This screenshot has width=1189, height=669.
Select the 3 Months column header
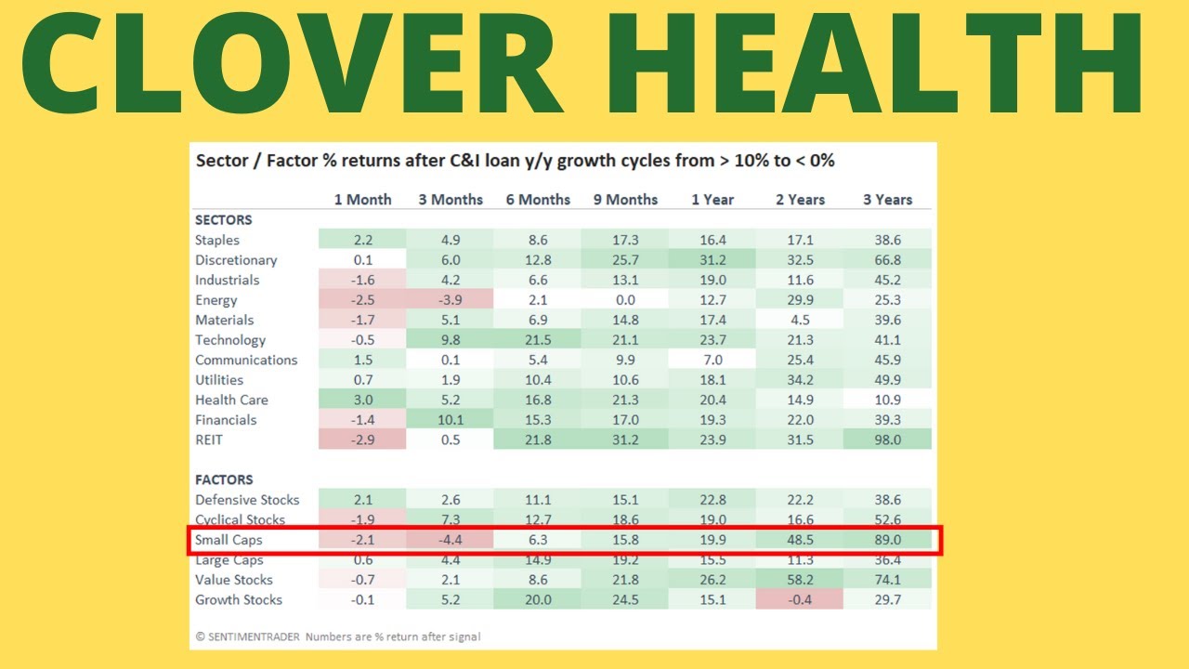tap(451, 200)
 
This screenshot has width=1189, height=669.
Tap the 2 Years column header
tap(799, 200)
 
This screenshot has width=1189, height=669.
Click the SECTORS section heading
tap(223, 220)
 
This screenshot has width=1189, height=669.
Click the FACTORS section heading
tap(224, 480)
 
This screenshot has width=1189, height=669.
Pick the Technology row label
tap(230, 340)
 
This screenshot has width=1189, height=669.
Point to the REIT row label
tap(209, 439)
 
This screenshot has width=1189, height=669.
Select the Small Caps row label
tap(229, 540)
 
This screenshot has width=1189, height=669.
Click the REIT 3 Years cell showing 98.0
tap(887, 439)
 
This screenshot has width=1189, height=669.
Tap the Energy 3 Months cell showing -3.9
tap(451, 300)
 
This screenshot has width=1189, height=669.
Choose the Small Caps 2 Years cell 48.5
tap(799, 540)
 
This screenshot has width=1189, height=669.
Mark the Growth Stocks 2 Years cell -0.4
tap(799, 599)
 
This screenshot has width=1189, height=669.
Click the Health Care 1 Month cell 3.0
tap(362, 400)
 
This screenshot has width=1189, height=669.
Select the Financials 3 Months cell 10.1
tap(451, 420)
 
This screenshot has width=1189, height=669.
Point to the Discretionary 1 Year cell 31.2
tap(712, 260)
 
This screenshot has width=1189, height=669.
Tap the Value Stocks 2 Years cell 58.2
tap(799, 580)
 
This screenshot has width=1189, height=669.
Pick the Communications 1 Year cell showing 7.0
tap(712, 360)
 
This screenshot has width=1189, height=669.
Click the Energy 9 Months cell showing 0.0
tap(625, 300)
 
